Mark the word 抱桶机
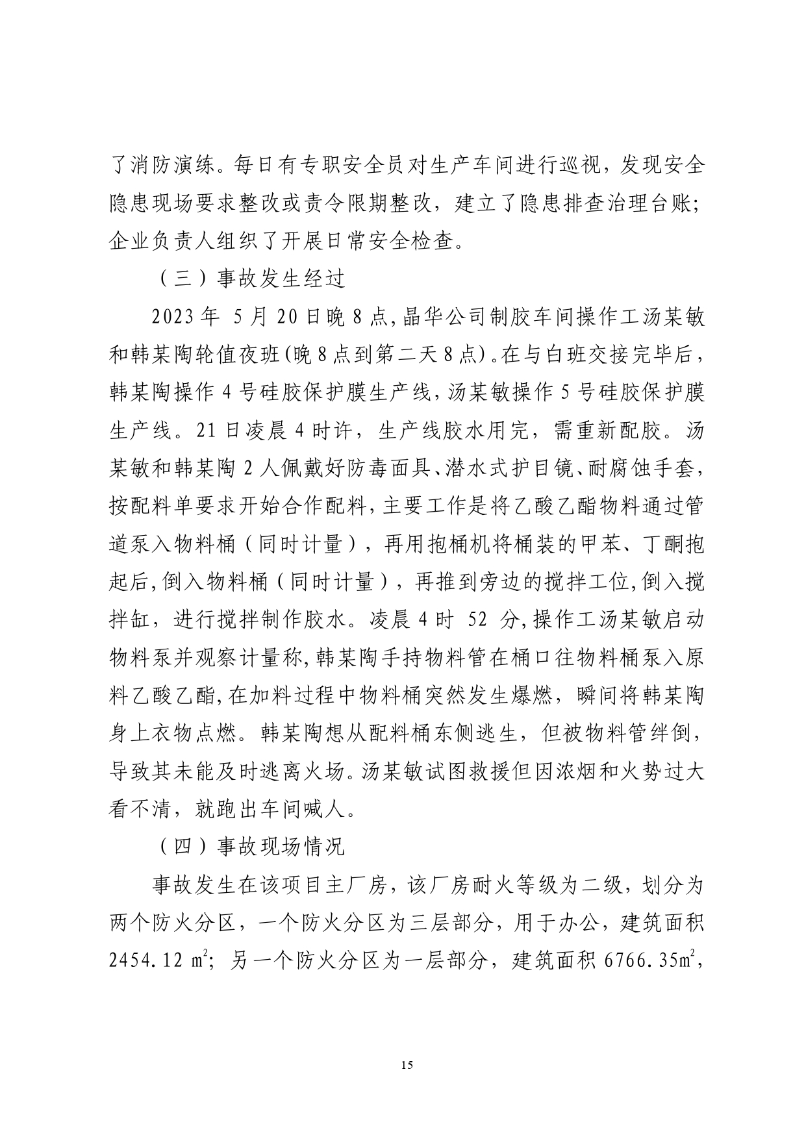[x=474, y=544]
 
